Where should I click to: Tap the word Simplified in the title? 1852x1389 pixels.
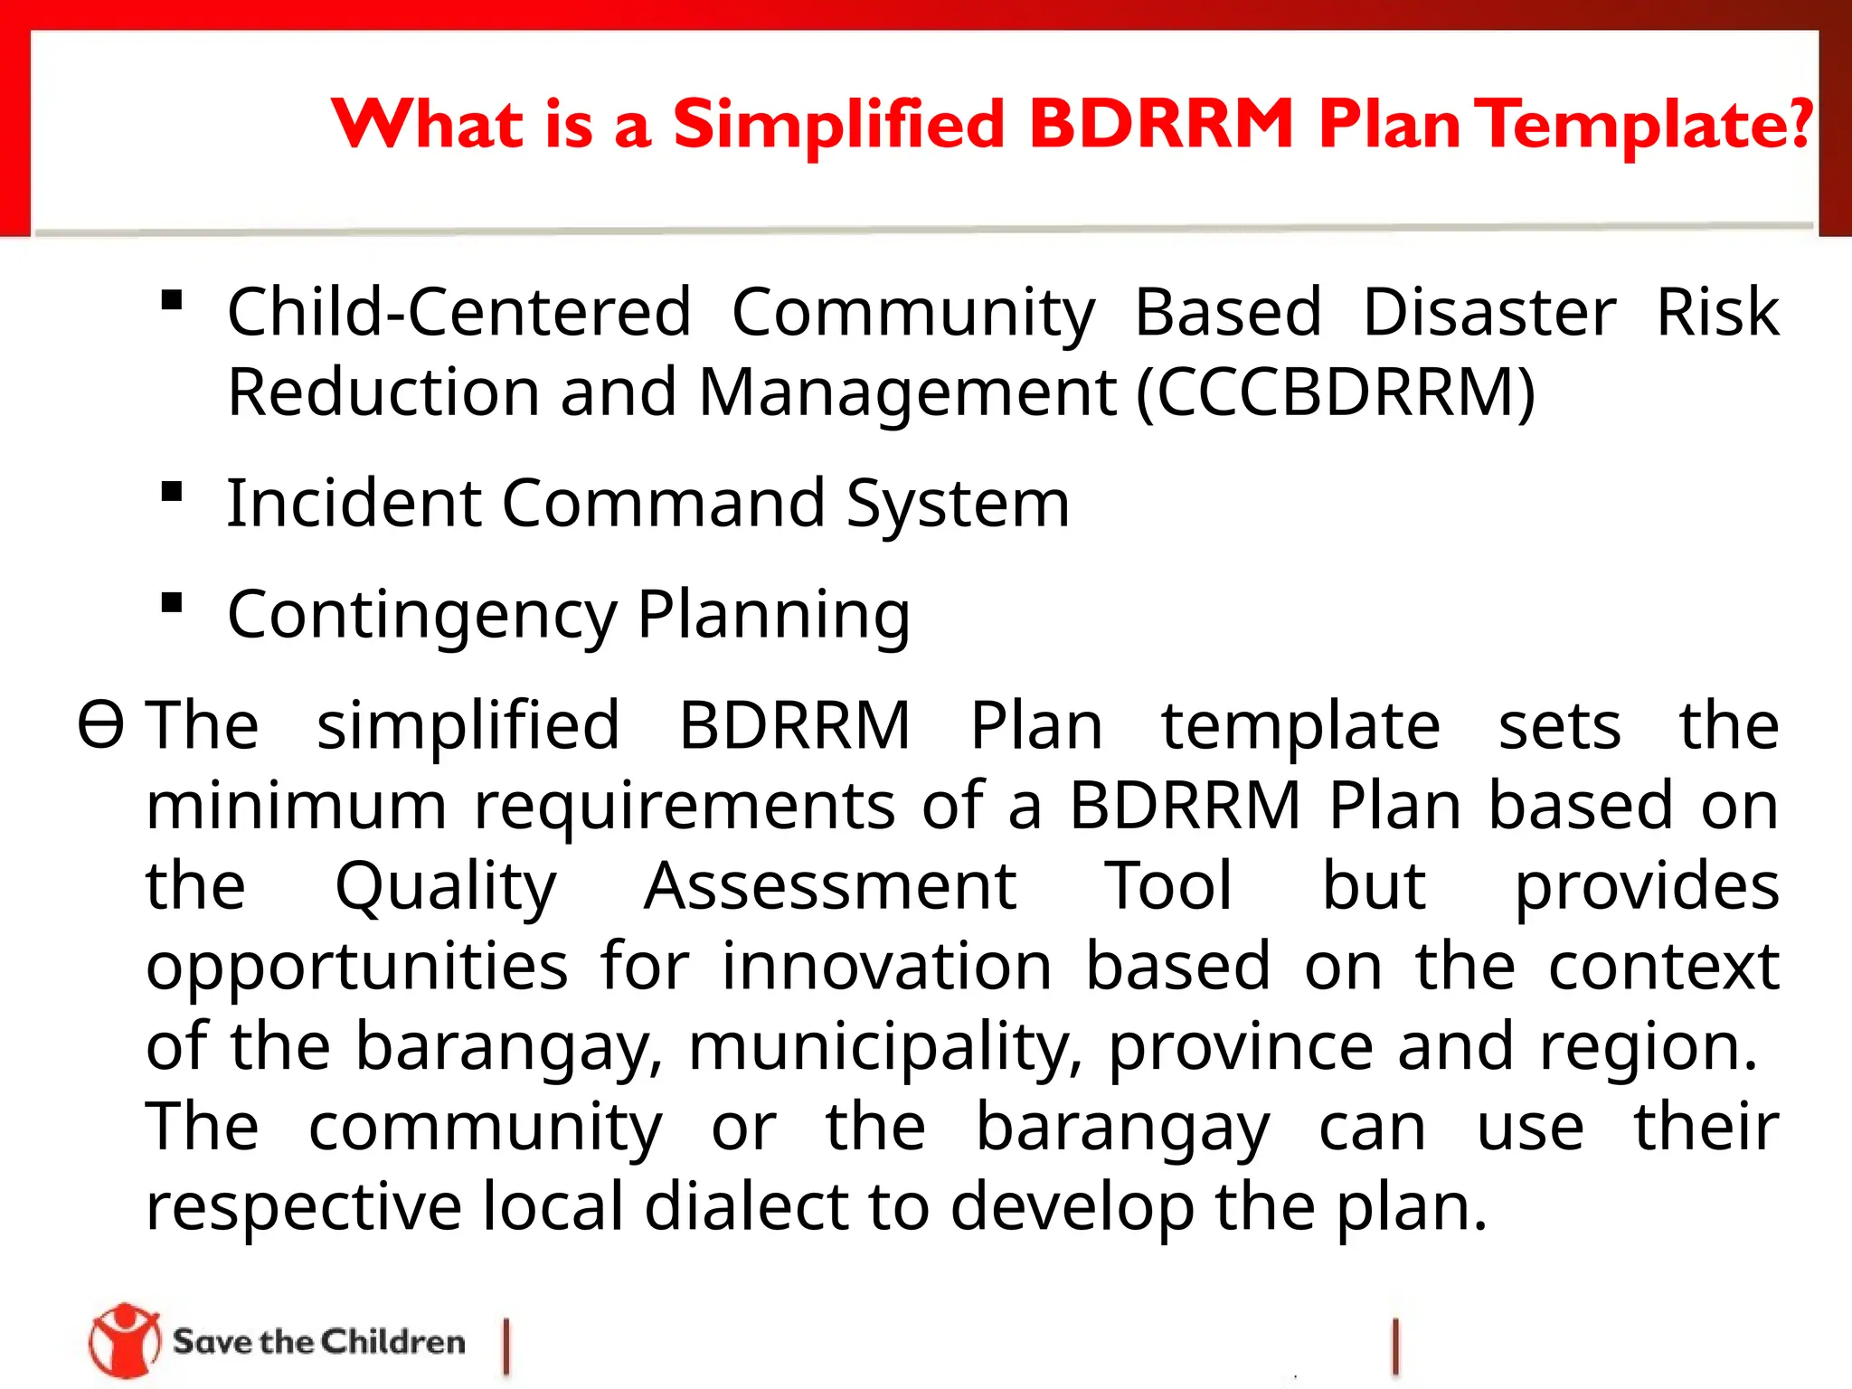point(838,125)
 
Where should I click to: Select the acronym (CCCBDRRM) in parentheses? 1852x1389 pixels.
point(1336,392)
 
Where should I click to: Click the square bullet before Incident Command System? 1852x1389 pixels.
point(172,493)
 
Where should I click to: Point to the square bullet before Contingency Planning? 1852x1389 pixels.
point(172,603)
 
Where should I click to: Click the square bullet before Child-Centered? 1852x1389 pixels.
point(172,300)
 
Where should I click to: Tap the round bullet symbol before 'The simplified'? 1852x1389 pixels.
point(99,725)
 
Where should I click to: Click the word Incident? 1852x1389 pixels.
point(352,503)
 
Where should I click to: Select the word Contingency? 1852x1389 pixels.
point(421,615)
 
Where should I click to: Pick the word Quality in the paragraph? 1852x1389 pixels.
point(446,886)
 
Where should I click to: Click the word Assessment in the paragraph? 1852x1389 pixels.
point(830,886)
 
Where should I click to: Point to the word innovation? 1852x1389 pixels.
point(886,966)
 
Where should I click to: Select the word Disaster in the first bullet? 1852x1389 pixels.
point(1488,312)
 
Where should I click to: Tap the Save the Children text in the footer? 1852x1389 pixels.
point(319,1342)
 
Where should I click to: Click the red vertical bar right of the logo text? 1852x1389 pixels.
point(506,1346)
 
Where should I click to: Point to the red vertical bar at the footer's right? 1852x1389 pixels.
point(1396,1346)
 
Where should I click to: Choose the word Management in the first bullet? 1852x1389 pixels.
point(907,392)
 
